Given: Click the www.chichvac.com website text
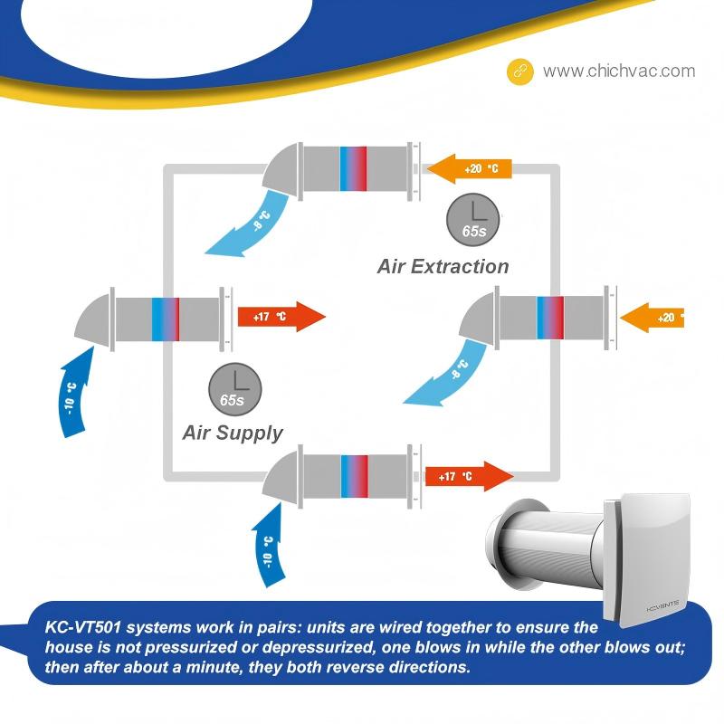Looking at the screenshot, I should pos(619,71).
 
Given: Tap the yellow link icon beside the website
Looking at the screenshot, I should pos(519,71).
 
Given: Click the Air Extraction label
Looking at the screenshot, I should pos(443,266).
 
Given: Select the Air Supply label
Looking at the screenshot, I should pos(233,433).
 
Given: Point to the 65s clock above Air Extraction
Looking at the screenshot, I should pos(473,217).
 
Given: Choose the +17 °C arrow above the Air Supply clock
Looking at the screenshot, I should pos(281,317).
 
